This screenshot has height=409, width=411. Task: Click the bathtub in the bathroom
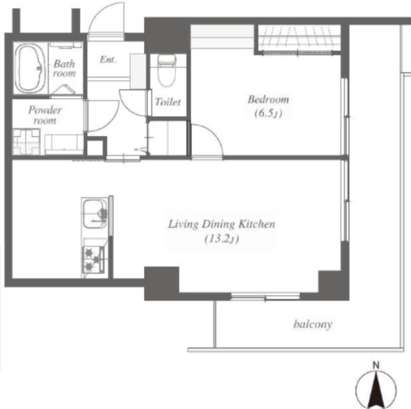click(30, 68)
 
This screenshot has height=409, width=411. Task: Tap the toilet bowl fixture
click(167, 71)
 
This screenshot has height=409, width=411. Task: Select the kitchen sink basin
click(94, 214)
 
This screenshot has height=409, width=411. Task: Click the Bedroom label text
click(268, 100)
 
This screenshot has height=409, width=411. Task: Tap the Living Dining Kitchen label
click(222, 224)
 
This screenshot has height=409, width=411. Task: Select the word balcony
click(313, 324)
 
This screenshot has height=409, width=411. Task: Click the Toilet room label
click(168, 101)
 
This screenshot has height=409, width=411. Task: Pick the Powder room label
click(45, 115)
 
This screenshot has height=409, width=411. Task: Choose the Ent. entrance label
click(108, 60)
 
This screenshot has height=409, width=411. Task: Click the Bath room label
click(64, 69)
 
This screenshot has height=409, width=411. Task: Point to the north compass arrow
click(376, 388)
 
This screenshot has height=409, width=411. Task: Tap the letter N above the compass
click(376, 365)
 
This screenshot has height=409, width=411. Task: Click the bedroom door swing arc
click(215, 135)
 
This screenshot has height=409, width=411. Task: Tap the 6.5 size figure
click(268, 114)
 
